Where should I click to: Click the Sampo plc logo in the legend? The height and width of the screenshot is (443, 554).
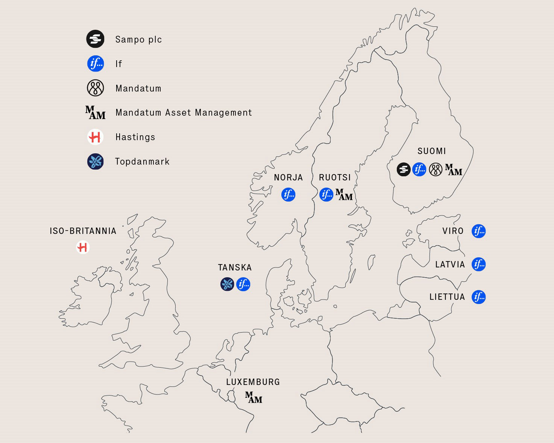pyautogui.click(x=95, y=39)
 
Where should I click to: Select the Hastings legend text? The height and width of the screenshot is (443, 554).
pyautogui.click(x=135, y=137)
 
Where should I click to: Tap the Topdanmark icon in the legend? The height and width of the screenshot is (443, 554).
pyautogui.click(x=95, y=161)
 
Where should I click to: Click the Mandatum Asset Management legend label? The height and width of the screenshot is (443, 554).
pyautogui.click(x=184, y=113)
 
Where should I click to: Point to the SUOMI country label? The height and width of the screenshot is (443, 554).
pyautogui.click(x=431, y=151)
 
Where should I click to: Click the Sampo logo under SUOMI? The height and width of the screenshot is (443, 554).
pyautogui.click(x=404, y=169)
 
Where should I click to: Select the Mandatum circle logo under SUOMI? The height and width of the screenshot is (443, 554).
pyautogui.click(x=436, y=170)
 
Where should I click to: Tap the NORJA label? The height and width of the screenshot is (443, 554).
pyautogui.click(x=288, y=177)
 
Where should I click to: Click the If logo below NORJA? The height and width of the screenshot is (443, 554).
pyautogui.click(x=288, y=195)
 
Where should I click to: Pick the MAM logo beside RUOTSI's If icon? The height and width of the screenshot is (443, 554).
pyautogui.click(x=344, y=195)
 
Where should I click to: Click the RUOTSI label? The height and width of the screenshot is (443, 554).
pyautogui.click(x=335, y=177)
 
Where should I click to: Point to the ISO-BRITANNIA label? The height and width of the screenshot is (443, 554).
pyautogui.click(x=83, y=231)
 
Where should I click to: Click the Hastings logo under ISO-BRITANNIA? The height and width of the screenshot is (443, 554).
pyautogui.click(x=83, y=247)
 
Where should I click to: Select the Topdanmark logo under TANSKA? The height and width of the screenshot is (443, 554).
pyautogui.click(x=227, y=284)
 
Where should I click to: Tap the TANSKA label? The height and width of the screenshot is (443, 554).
pyautogui.click(x=235, y=268)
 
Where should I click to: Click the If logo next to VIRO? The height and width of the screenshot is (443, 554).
pyautogui.click(x=478, y=231)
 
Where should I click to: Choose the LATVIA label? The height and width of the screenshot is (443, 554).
pyautogui.click(x=450, y=265)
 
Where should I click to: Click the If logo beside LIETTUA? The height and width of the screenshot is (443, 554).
pyautogui.click(x=478, y=297)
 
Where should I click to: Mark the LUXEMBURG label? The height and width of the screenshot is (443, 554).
pyautogui.click(x=253, y=382)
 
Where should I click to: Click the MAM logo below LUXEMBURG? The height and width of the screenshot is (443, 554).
pyautogui.click(x=253, y=398)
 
